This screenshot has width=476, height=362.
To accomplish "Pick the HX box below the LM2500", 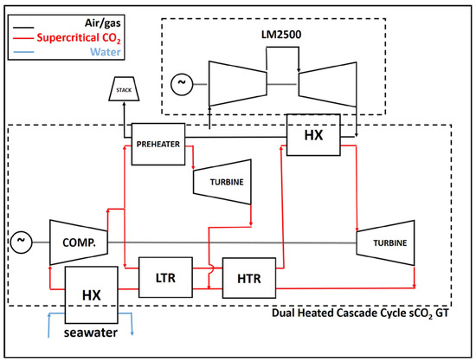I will click(x=312, y=136).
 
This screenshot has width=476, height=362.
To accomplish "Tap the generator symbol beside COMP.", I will click(x=19, y=237).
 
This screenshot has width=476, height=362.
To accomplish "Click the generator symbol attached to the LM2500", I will click(x=182, y=84).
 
